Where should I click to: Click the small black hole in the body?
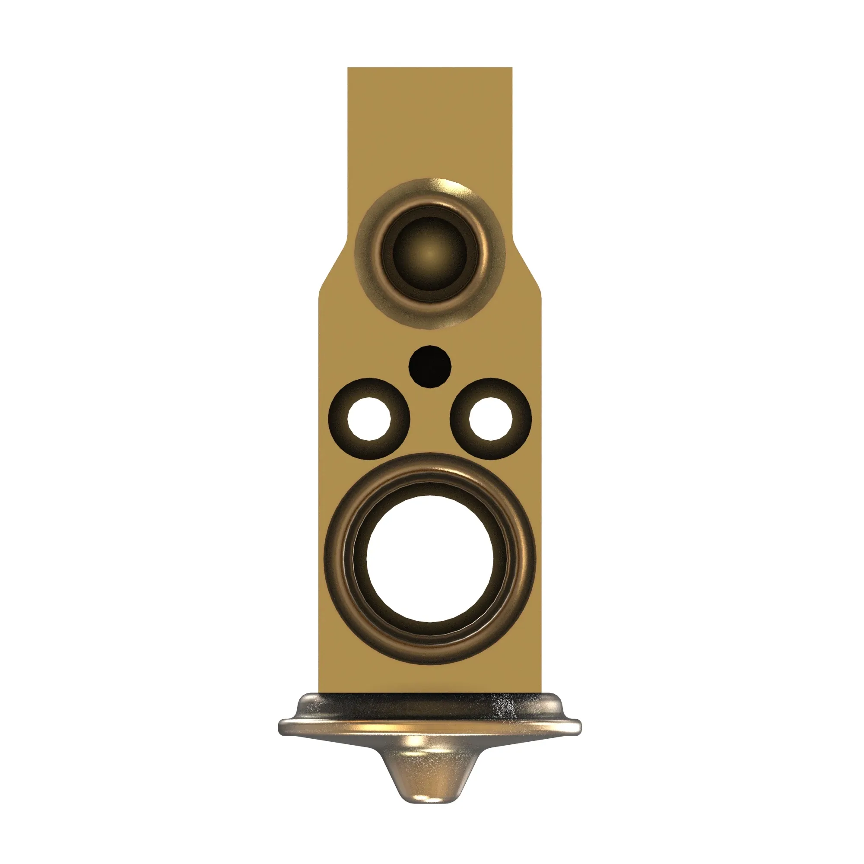[430, 367]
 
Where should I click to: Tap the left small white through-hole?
[369, 419]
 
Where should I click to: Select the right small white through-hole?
[491, 419]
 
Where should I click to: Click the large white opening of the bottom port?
[430, 559]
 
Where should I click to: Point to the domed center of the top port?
[430, 254]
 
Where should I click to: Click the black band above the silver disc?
[429, 700]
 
